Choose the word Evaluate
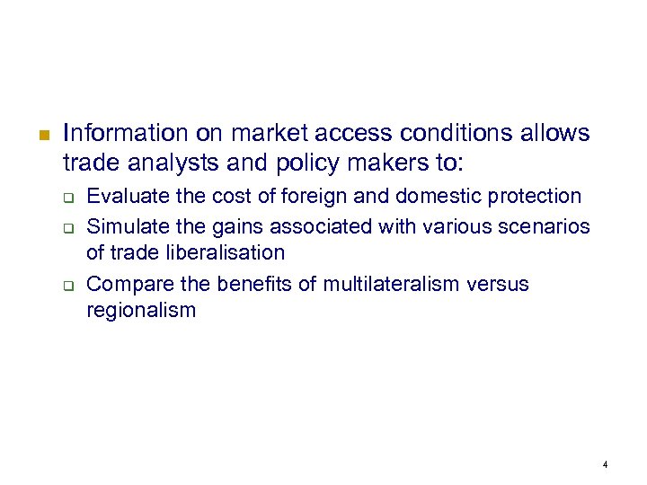[125, 196]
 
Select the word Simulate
[125, 225]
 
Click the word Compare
[125, 285]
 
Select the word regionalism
[140, 311]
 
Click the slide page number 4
[606, 464]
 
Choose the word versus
[498, 285]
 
